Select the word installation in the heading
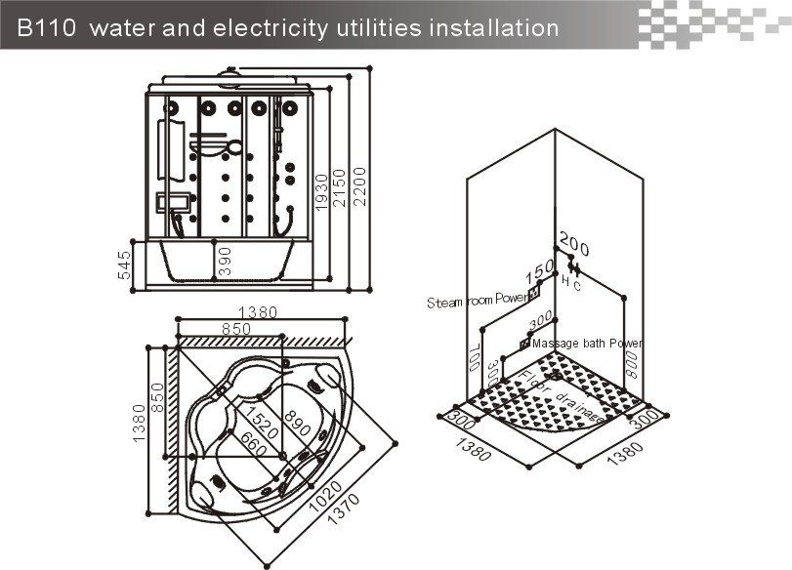coord(492,27)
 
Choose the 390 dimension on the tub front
coord(226,262)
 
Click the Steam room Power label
coord(476,303)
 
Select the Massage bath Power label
coord(587,344)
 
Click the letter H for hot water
coord(565,280)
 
